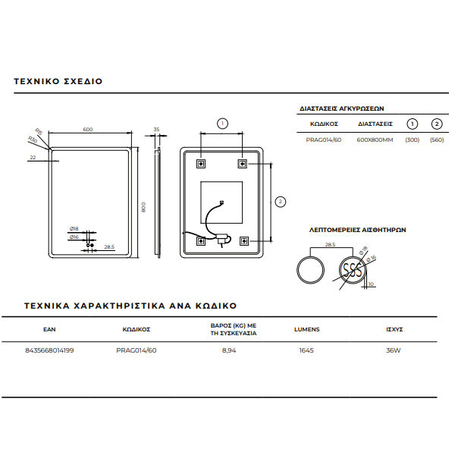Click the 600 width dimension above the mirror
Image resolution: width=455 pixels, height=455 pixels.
tap(88, 130)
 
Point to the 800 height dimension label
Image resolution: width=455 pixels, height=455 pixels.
tap(143, 206)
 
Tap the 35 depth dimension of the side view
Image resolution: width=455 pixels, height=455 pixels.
tap(157, 130)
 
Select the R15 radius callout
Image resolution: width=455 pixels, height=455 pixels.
tap(39, 130)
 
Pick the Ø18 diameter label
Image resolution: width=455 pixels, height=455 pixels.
tap(74, 228)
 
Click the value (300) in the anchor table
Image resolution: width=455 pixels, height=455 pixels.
tap(412, 140)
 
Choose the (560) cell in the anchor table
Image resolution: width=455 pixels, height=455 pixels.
tap(436, 140)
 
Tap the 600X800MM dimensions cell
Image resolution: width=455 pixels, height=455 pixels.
tap(375, 140)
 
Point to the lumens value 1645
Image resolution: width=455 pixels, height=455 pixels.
tap(306, 350)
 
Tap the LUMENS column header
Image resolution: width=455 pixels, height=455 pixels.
tap(306, 330)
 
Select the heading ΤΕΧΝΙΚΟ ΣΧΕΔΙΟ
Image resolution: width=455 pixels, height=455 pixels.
tap(58, 80)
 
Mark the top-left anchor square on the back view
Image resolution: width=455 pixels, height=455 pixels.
tap(201, 162)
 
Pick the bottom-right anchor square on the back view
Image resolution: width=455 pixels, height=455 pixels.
tap(243, 240)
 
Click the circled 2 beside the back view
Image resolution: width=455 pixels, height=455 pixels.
tap(281, 201)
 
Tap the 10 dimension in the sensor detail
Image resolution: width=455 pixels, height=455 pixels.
tap(370, 284)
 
